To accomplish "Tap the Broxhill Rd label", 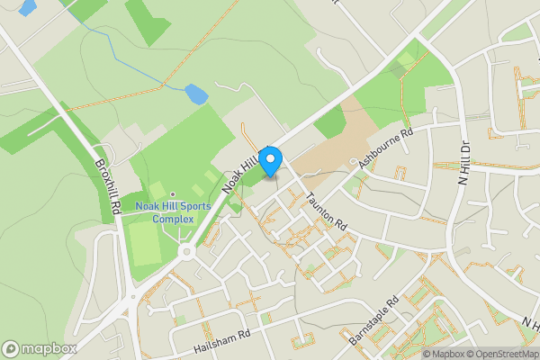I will [105, 186].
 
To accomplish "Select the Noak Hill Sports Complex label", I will [173, 212].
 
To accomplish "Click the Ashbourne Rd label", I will [384, 148].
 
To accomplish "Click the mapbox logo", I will [39, 347].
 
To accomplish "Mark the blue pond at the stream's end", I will [195, 93].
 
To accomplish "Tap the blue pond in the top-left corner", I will [26, 8].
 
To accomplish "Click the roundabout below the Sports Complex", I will [187, 252].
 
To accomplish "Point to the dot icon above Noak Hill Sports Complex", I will [173, 193].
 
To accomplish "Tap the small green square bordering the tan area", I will [330, 122].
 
